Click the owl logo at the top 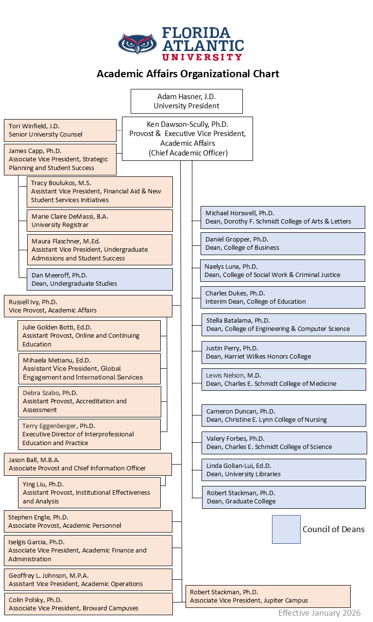[x=137, y=44]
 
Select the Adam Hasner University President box [x=186, y=101]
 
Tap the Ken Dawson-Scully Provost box [x=187, y=138]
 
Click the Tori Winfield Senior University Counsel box [x=60, y=130]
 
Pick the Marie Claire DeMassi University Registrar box [x=100, y=221]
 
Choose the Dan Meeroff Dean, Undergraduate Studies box [x=100, y=279]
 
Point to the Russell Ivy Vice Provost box [x=88, y=306]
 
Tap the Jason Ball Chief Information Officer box [x=88, y=464]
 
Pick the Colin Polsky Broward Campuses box [x=88, y=604]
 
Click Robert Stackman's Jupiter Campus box [x=268, y=596]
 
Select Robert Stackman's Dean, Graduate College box [x=284, y=497]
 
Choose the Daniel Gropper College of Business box [x=283, y=243]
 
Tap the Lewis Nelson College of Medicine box [x=284, y=380]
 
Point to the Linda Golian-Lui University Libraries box [x=284, y=470]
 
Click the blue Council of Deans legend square [x=286, y=529]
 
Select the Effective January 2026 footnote [x=319, y=613]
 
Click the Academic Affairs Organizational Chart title [x=188, y=74]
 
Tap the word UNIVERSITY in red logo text [x=202, y=57]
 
